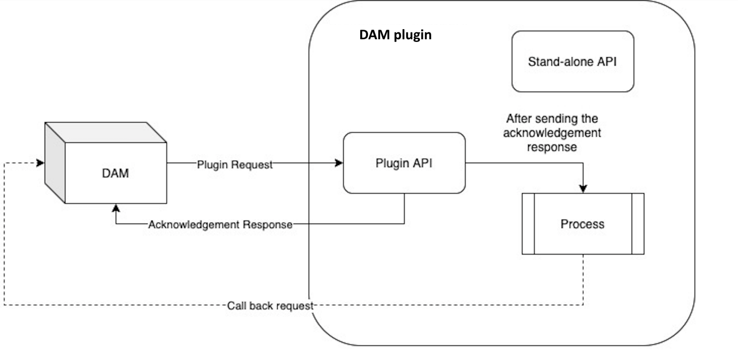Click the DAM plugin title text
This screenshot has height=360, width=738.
point(395,35)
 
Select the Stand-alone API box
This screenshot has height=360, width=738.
point(572,61)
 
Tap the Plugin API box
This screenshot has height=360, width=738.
point(404,163)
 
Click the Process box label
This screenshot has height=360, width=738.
point(582,224)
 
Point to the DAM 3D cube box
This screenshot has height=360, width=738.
point(115,173)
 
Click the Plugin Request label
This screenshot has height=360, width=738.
point(235,164)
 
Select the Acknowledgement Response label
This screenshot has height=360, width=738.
point(220,225)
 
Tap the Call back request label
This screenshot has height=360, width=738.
point(270,306)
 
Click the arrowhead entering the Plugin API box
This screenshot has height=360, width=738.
point(339,163)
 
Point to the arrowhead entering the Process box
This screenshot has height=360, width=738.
point(583,189)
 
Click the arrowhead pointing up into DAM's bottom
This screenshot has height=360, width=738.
point(116,208)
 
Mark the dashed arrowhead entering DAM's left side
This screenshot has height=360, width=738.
point(41,163)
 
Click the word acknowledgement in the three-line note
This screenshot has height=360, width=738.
point(552,133)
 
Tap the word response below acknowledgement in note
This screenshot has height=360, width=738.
point(552,147)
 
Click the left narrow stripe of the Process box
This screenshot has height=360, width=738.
point(528,224)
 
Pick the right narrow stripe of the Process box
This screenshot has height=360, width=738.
point(638,224)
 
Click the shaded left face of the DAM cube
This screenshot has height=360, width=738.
point(55,162)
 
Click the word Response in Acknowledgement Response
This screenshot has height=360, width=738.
point(268,225)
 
